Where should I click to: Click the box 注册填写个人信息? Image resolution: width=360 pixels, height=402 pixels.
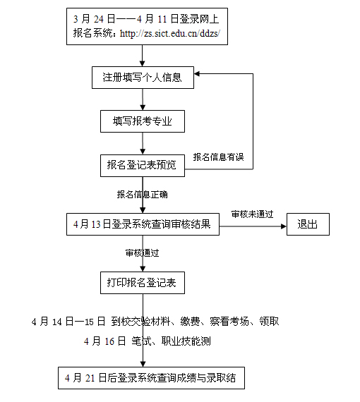142,77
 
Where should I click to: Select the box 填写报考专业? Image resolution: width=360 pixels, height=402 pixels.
142,121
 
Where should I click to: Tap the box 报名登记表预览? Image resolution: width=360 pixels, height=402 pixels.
142,165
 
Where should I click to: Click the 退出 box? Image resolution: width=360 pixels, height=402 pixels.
308,225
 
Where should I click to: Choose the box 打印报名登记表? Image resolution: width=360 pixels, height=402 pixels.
142,284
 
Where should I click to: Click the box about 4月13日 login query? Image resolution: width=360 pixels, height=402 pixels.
142,225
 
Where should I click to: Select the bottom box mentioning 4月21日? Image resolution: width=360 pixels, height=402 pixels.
151,378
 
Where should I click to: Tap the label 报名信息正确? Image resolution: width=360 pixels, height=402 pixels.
142,193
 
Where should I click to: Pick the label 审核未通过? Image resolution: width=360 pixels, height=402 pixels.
252,214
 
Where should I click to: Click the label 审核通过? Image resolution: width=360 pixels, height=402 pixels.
142,252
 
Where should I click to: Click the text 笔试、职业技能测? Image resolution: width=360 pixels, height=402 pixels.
172,341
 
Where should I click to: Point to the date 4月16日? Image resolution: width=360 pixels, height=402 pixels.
104,341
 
